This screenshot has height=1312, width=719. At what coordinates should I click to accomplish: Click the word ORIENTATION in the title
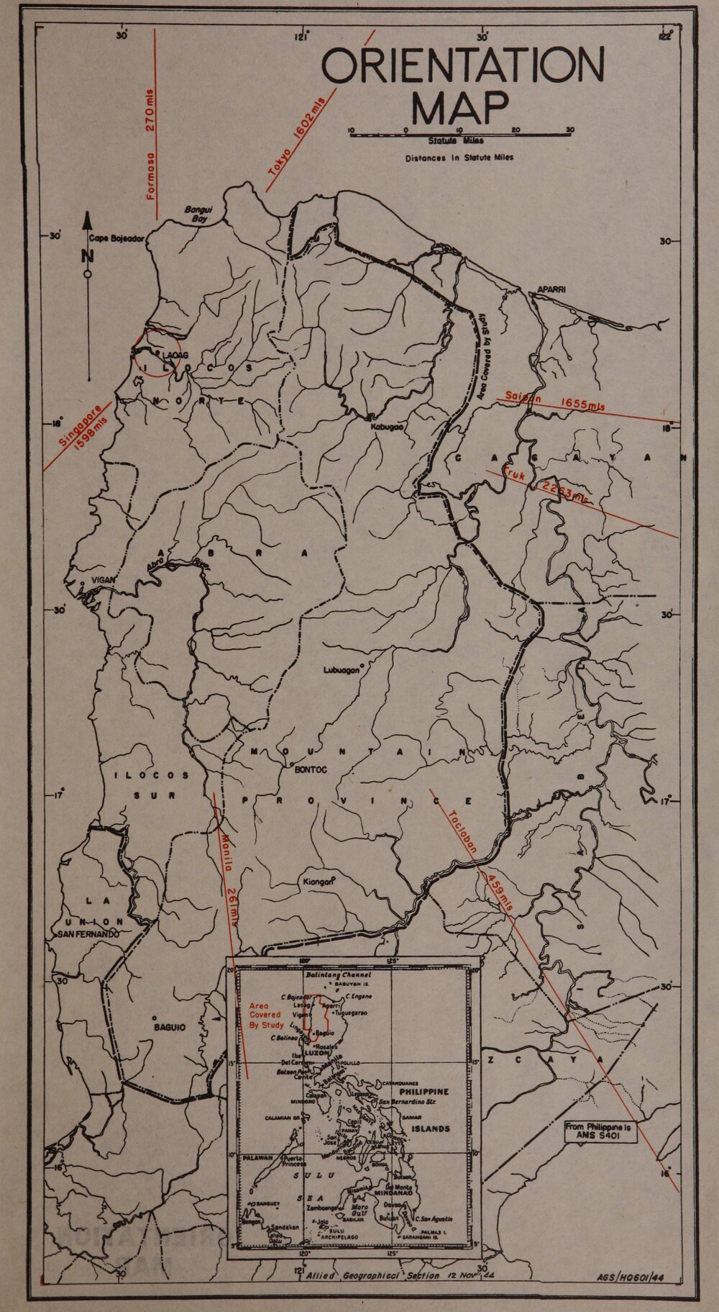point(462,65)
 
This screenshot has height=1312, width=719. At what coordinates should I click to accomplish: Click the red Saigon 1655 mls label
point(554,402)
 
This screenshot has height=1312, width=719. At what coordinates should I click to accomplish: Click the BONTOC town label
point(311,769)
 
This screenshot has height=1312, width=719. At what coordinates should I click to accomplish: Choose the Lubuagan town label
point(341,670)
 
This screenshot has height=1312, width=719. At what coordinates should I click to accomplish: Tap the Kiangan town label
point(315,882)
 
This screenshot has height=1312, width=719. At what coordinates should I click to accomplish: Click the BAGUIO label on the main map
point(170,1027)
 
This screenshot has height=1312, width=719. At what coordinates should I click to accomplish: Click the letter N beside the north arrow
point(88,255)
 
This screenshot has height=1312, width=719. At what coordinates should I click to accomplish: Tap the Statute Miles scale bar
point(460,131)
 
